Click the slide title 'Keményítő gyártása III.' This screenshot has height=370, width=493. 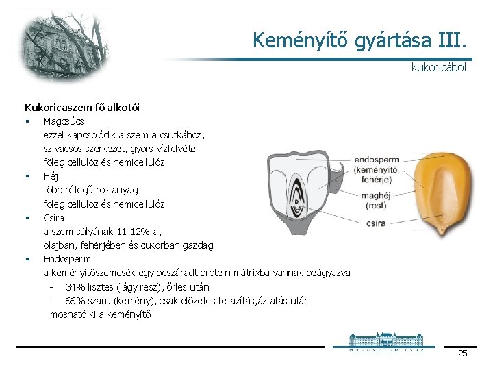pos(361,40)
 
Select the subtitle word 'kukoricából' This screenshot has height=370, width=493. pos(438,68)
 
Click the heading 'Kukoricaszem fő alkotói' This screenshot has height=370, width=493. pos(82,107)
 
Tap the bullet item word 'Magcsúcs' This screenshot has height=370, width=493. pos(64,121)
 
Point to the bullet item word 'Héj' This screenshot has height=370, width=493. pos(51,176)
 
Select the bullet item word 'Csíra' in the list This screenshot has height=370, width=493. pos(53,218)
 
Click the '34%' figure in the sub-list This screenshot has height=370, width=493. pos(75,286)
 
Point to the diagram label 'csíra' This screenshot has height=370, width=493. pos(376,223)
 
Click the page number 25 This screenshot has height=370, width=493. pos(462,354)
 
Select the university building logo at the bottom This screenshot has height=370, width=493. pos(386,341)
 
